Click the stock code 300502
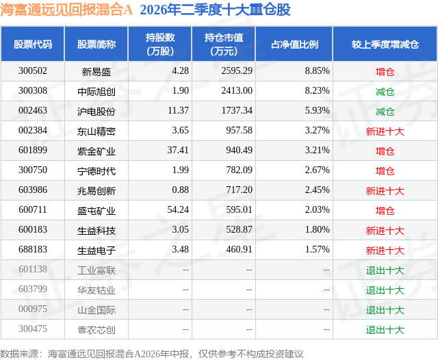pyautogui.click(x=33, y=71)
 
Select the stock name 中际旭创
pyautogui.click(x=96, y=91)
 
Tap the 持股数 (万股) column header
pyautogui.click(x=160, y=44)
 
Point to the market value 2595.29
pyautogui.click(x=237, y=71)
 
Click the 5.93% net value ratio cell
pyautogui.click(x=317, y=111)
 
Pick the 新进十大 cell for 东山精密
pyautogui.click(x=385, y=131)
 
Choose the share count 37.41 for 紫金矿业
pyautogui.click(x=178, y=151)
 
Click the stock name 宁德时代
pyautogui.click(x=96, y=170)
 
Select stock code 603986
pyautogui.click(x=33, y=190)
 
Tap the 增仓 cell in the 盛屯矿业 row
pyautogui.click(x=385, y=210)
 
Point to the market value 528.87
pyautogui.click(x=239, y=229)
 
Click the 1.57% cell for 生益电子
pyautogui.click(x=317, y=249)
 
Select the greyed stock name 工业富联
pyautogui.click(x=96, y=270)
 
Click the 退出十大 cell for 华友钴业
pyautogui.click(x=385, y=290)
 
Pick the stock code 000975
pyautogui.click(x=33, y=309)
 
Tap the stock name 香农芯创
pyautogui.click(x=96, y=329)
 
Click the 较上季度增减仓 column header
pyautogui.click(x=385, y=44)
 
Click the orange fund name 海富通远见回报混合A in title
pyautogui.click(x=66, y=10)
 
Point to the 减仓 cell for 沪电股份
pyautogui.click(x=385, y=111)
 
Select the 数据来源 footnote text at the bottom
pyautogui.click(x=152, y=354)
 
